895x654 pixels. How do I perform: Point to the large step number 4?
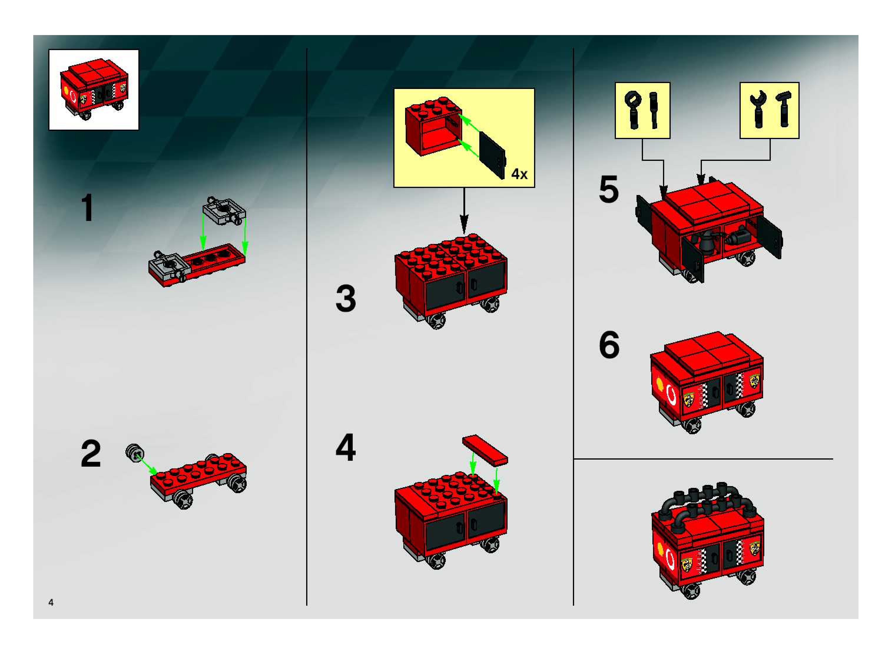[345, 448]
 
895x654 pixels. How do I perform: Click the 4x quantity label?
[519, 174]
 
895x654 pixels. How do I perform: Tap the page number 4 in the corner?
[51, 602]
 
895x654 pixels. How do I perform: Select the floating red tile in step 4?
[485, 450]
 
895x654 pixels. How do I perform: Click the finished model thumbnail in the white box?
[94, 90]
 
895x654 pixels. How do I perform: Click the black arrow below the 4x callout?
[464, 210]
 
